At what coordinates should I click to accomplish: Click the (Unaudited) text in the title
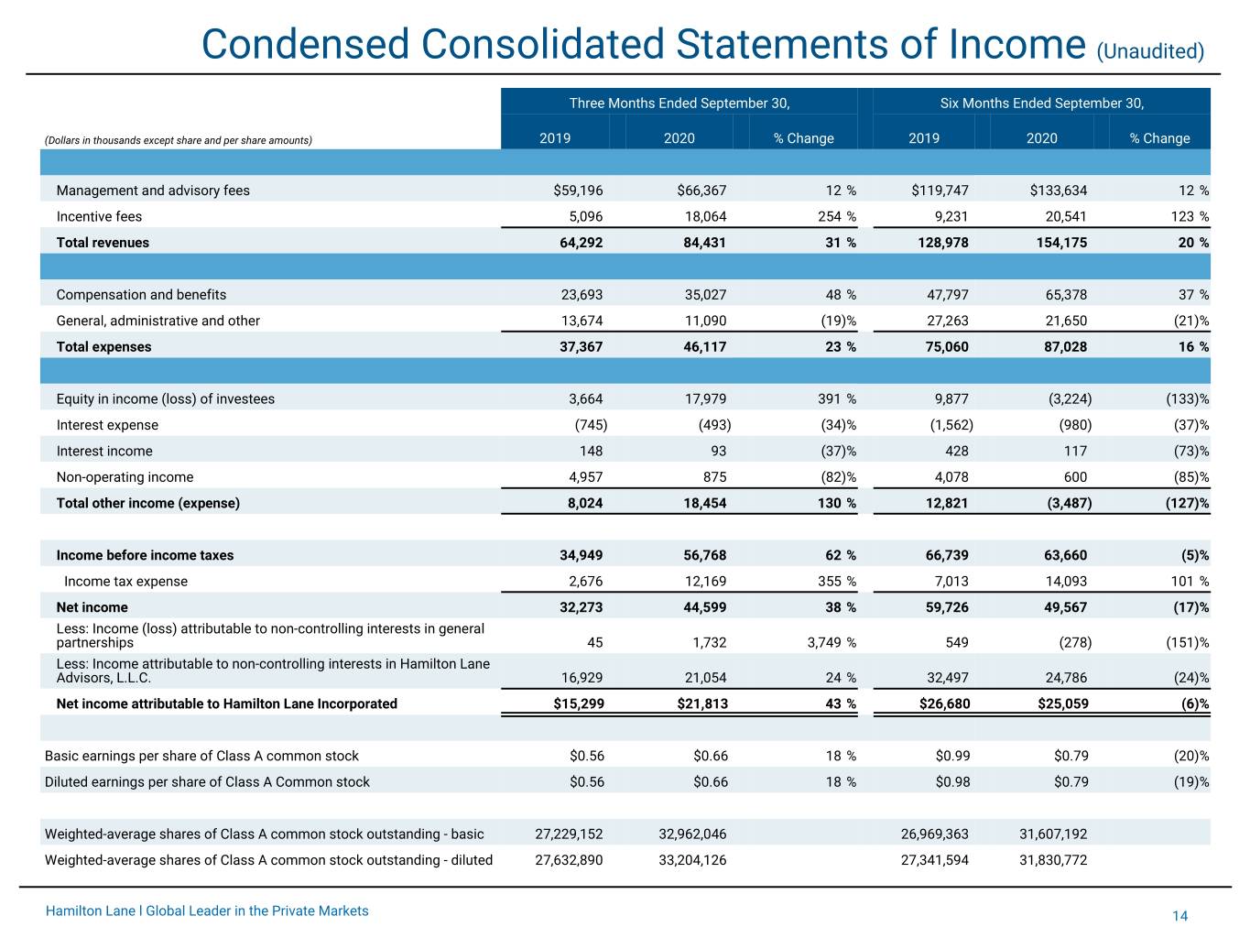(x=1150, y=51)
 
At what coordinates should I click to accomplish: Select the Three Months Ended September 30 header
(x=679, y=104)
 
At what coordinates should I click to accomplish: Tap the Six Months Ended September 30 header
(x=1041, y=104)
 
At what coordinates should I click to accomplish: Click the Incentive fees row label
(x=99, y=216)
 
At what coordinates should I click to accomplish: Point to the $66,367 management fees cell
(x=701, y=191)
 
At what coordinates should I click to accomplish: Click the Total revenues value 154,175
(x=1061, y=243)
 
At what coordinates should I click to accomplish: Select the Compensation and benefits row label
(x=141, y=294)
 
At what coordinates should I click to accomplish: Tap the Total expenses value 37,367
(x=581, y=347)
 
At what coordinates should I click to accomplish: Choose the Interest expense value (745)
(x=591, y=425)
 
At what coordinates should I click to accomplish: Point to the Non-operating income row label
(x=125, y=477)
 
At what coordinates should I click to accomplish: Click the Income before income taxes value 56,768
(x=705, y=555)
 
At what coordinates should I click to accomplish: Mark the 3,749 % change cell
(x=832, y=642)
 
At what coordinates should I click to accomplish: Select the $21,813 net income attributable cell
(x=702, y=703)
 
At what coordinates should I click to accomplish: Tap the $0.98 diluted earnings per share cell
(x=952, y=782)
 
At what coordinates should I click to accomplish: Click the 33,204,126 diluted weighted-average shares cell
(x=692, y=860)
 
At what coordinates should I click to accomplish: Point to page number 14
(x=1179, y=916)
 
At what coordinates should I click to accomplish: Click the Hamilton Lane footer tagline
(x=207, y=911)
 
